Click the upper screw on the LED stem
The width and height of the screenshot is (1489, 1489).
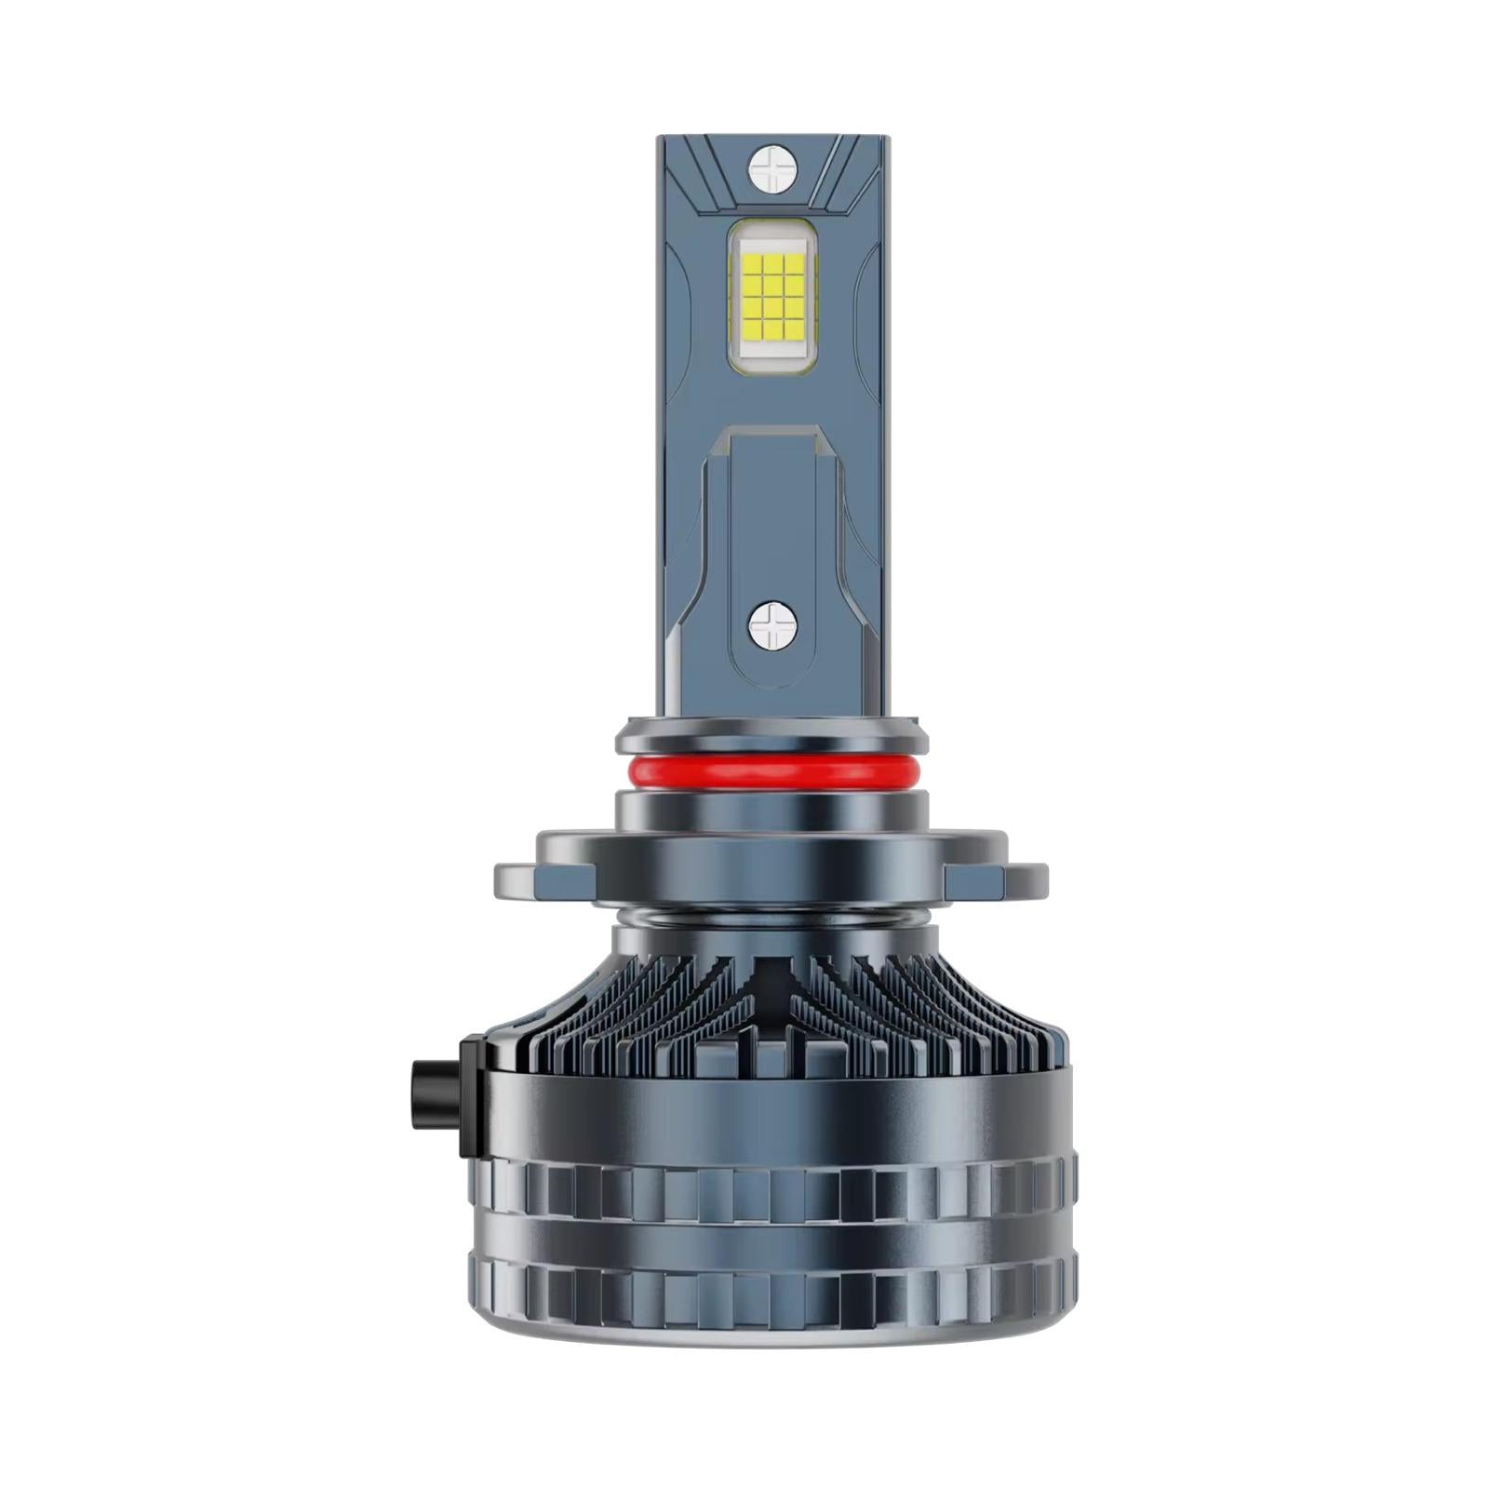point(772,168)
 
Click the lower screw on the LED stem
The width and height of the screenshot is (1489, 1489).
point(772,624)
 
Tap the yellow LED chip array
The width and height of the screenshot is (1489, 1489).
point(772,296)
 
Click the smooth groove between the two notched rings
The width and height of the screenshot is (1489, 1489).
point(771,1238)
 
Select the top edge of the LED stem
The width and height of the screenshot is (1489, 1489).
point(772,139)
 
